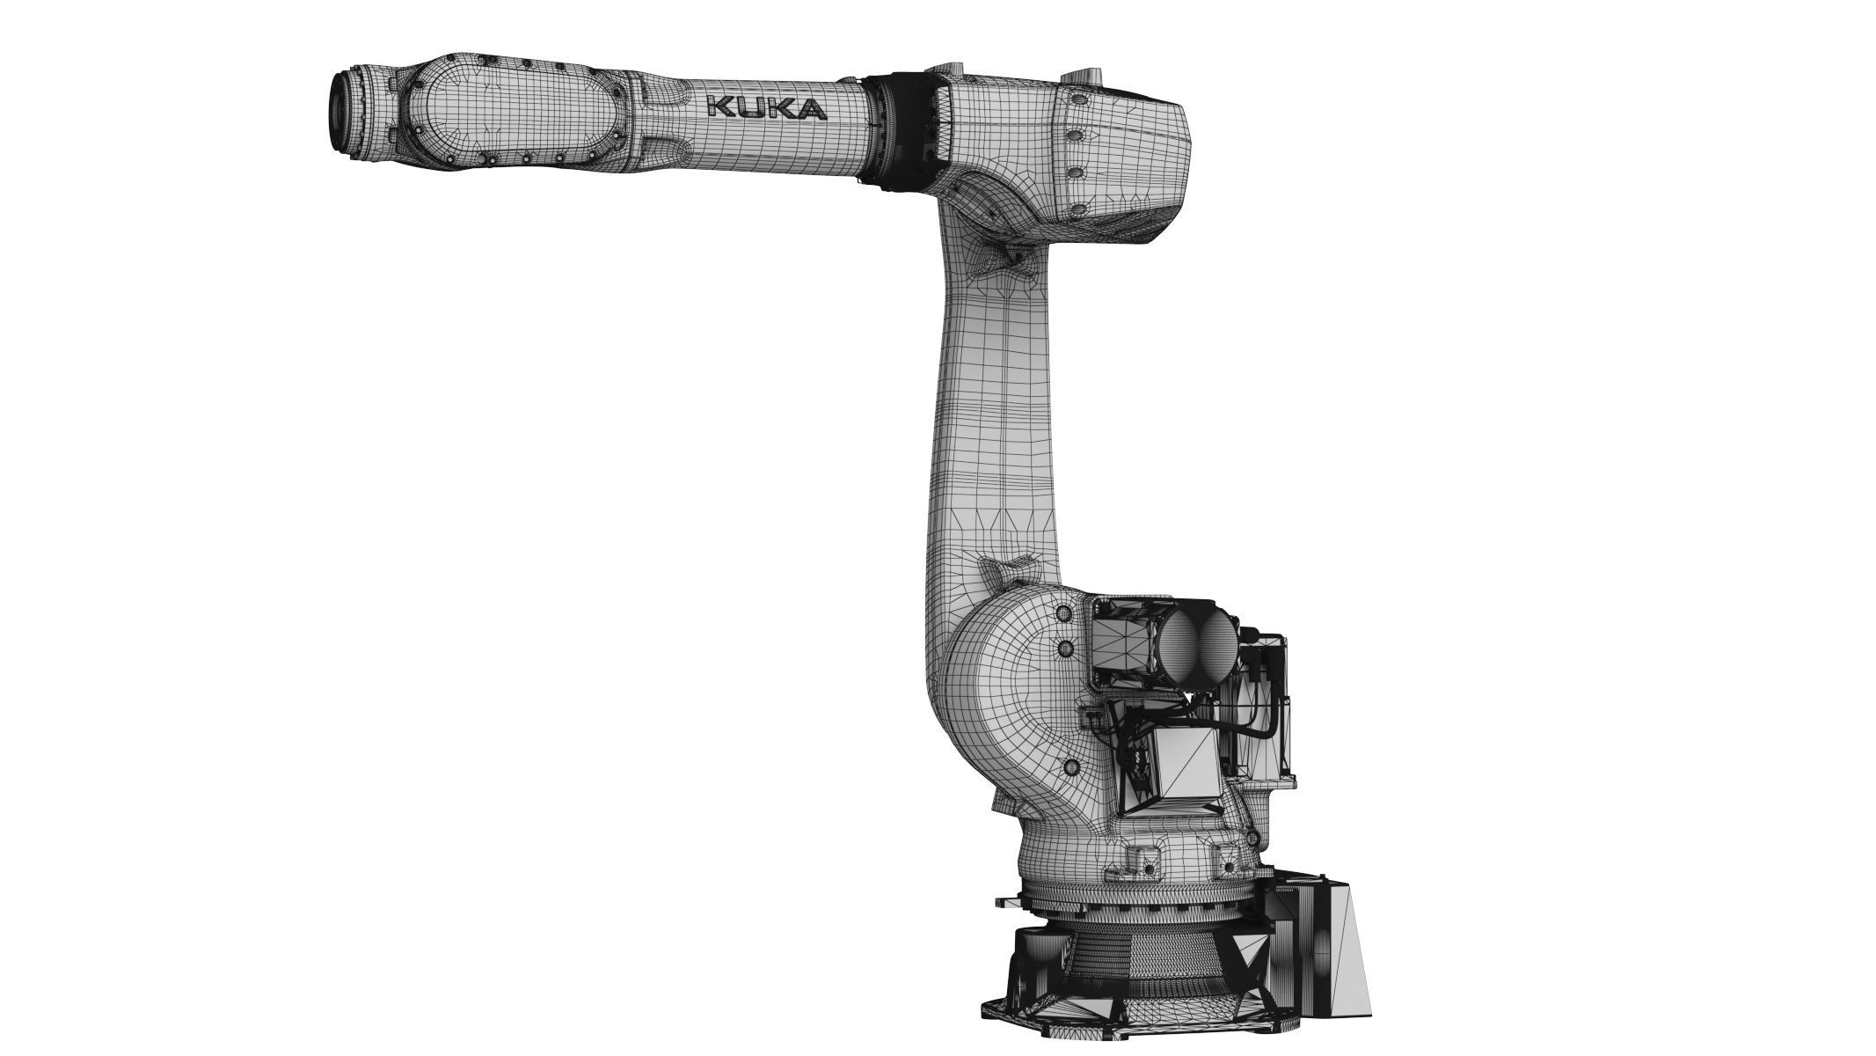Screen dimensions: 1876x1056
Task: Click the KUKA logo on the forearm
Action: pos(766,108)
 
